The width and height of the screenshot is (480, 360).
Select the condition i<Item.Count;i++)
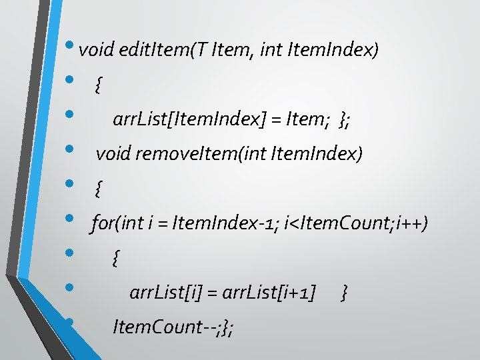click(x=355, y=223)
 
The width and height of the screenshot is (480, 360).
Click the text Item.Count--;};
click(x=173, y=327)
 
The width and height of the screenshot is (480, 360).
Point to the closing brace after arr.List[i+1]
click(x=343, y=292)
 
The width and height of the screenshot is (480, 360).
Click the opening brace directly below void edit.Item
click(x=99, y=85)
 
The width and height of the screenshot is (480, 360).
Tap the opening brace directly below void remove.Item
click(x=99, y=189)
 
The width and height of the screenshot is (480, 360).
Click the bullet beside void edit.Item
click(x=71, y=46)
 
